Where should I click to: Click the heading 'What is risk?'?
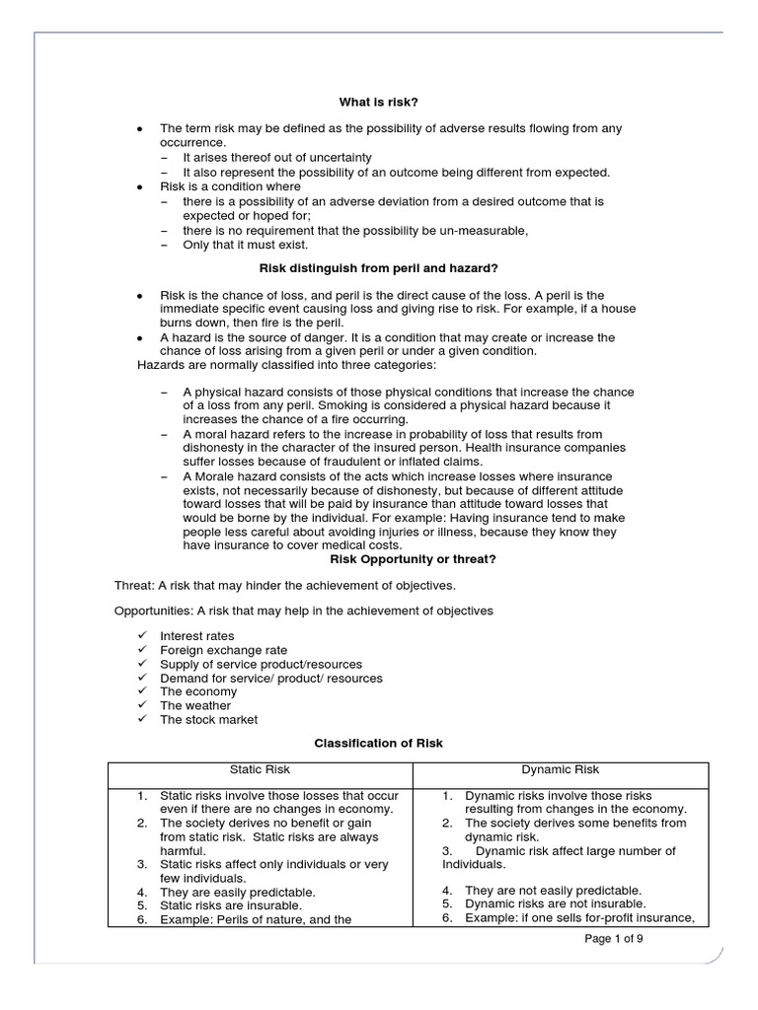[378, 101]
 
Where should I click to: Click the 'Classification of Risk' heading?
[378, 743]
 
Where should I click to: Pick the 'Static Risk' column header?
[260, 769]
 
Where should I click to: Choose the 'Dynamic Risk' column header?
[561, 769]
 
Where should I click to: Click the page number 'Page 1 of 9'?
[614, 938]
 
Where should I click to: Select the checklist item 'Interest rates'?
[196, 636]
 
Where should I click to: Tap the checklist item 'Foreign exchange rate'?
[223, 650]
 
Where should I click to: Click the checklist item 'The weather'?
[194, 705]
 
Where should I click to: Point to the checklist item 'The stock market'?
[208, 719]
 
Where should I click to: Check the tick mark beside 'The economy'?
[140, 691]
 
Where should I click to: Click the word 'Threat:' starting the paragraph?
[135, 585]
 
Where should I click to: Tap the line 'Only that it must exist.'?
[246, 245]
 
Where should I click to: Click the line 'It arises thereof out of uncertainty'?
[277, 157]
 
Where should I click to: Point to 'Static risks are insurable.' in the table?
[230, 904]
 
